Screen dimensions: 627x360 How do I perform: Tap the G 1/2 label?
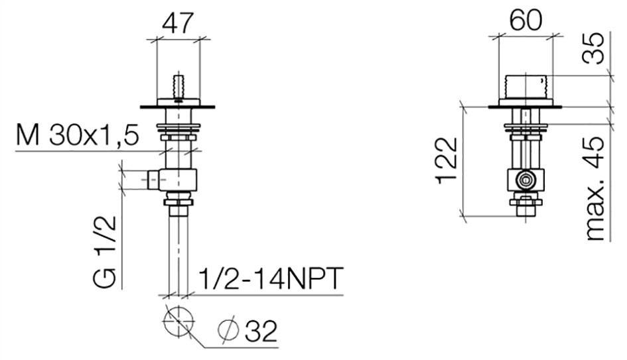coord(105,252)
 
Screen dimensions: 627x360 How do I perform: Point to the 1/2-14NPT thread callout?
coord(271,278)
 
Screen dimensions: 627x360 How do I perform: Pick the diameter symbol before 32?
coord(229,331)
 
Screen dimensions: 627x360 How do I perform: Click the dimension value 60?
coord(526,20)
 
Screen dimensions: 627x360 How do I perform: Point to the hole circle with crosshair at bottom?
coord(178,322)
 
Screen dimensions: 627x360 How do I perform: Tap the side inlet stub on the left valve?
coord(153,180)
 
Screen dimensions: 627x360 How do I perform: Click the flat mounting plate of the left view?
coord(178,107)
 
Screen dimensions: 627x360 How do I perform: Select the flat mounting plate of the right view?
coord(525,107)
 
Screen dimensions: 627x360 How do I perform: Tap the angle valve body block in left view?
coord(178,180)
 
